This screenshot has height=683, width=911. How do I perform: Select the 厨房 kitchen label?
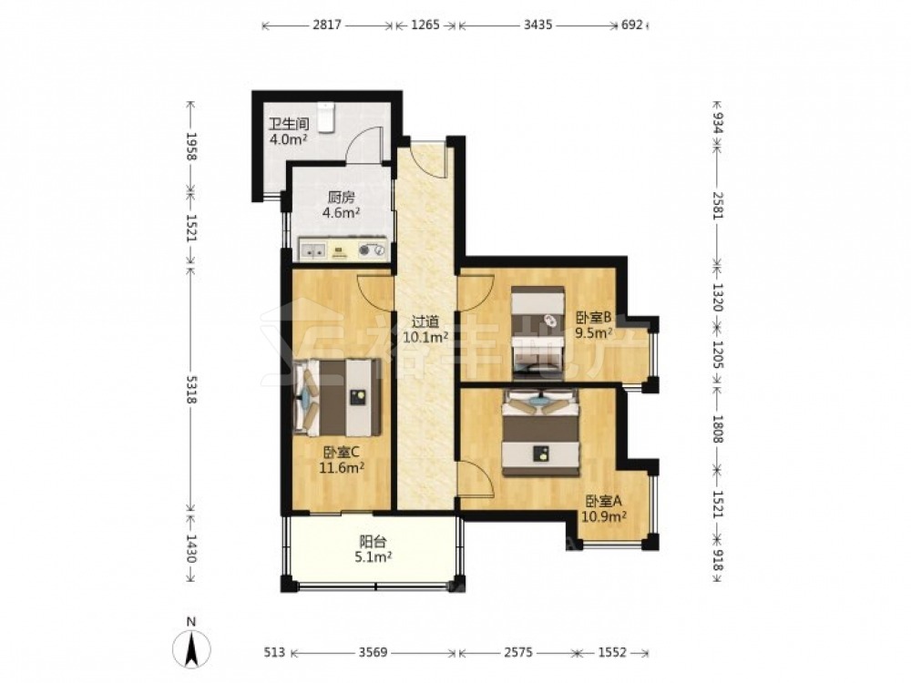[x=341, y=197]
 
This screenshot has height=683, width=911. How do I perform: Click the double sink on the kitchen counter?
[x=313, y=251]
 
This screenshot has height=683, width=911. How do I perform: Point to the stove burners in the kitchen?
[x=372, y=250]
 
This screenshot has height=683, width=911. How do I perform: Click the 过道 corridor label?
[x=425, y=321]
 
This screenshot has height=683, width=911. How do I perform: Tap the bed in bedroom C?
[x=338, y=397]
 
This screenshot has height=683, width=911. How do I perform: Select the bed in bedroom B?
[x=538, y=332]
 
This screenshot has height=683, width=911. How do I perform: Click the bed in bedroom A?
[x=541, y=433]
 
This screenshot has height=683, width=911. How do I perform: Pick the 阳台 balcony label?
[x=373, y=542]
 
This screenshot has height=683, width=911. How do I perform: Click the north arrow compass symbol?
[x=191, y=646]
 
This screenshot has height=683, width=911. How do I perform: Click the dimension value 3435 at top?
[x=537, y=25]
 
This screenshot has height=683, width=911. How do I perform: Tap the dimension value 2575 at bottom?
[x=517, y=652]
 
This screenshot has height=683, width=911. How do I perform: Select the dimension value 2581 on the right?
[x=718, y=205]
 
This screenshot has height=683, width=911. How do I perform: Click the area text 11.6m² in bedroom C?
[x=342, y=467]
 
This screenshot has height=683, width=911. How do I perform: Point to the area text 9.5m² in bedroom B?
[x=594, y=332]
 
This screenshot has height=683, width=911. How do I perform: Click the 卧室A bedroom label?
[x=604, y=501]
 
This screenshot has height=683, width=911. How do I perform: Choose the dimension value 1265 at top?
[x=425, y=25]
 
